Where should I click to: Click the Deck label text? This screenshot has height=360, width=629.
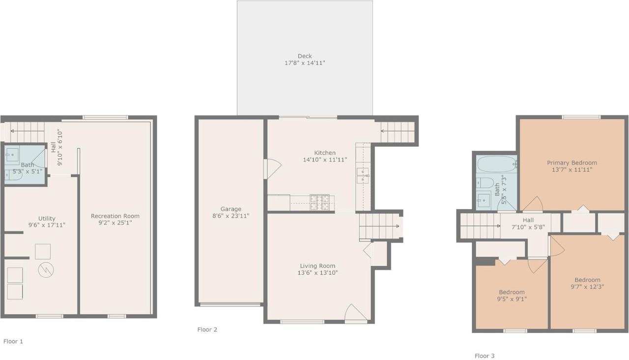305,56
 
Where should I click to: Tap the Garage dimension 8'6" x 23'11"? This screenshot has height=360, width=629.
231,216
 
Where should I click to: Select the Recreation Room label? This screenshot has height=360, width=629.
115,216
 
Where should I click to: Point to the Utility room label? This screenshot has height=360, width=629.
47,218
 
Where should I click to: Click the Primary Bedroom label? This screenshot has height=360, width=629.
572,163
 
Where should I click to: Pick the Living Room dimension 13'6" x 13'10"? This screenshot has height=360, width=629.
317,273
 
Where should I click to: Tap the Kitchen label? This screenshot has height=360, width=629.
325,153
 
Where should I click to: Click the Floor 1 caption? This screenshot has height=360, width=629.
13,341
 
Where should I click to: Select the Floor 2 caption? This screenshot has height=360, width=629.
207,330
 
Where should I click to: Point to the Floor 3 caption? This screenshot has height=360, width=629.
485,356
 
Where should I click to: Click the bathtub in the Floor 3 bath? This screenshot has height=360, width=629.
497,164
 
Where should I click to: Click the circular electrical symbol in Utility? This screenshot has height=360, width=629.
46,270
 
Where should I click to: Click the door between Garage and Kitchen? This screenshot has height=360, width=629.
272,169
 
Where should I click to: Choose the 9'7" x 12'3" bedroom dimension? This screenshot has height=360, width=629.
587,287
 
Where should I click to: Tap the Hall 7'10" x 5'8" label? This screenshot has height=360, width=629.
528,223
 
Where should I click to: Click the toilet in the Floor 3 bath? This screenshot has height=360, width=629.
485,183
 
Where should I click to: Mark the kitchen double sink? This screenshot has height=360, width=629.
363,176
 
